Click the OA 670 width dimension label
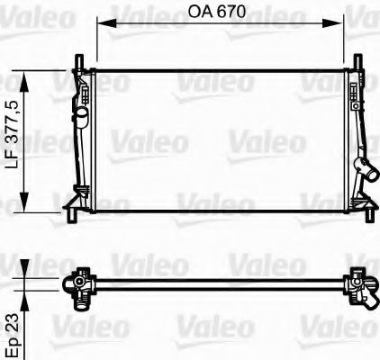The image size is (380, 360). (x=219, y=13)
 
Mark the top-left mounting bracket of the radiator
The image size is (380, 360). (x=78, y=65)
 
